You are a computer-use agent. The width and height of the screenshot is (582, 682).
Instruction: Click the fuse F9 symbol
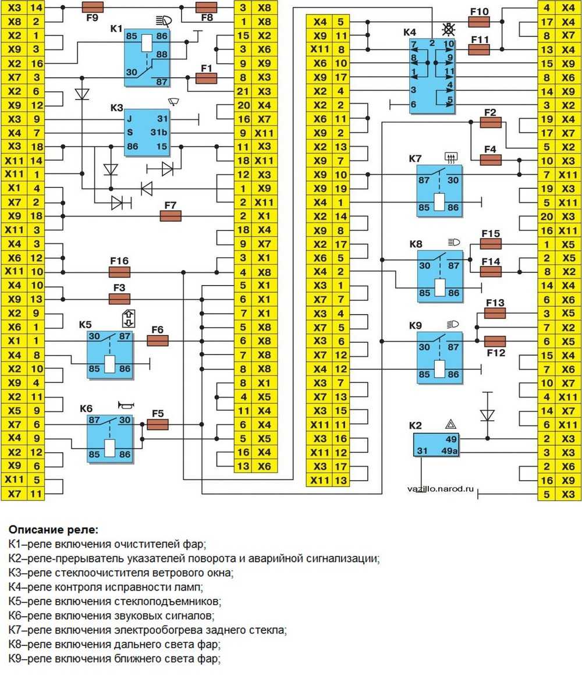pos(93,8)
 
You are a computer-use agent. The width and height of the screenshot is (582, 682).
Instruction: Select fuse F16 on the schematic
pos(119,272)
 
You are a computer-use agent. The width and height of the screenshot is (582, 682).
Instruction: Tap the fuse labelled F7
pos(171,216)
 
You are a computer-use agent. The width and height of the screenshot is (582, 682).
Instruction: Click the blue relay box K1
pos(147,59)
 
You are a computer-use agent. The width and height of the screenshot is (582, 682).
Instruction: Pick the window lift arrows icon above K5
pos(128,319)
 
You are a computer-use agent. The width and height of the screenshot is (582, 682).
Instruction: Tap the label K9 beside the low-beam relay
pos(416,325)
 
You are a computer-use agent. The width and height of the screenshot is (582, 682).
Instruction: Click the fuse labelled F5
pos(158,425)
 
